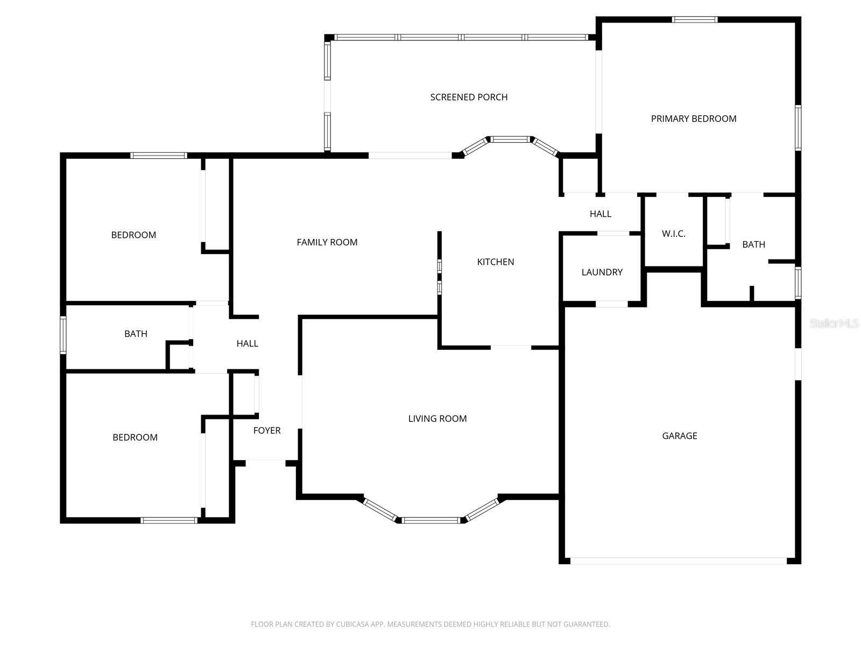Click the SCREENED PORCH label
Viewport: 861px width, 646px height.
(x=469, y=97)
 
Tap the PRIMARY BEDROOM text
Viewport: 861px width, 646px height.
(x=694, y=119)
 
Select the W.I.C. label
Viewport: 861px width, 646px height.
(x=673, y=234)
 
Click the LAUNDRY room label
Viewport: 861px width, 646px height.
(x=602, y=272)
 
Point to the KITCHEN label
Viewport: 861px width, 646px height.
(x=496, y=262)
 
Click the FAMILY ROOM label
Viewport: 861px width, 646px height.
(x=327, y=243)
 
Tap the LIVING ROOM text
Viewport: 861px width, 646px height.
(x=437, y=419)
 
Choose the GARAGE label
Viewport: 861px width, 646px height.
(x=679, y=436)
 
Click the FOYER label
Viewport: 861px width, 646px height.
(x=267, y=431)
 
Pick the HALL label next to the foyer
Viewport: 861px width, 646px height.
(x=248, y=343)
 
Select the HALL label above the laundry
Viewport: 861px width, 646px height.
(x=601, y=214)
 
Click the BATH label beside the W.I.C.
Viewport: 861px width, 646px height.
(x=753, y=245)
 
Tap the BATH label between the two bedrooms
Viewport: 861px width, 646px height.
(x=136, y=334)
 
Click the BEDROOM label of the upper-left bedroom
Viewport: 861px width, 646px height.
(x=133, y=235)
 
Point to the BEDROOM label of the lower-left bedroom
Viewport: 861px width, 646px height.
(x=135, y=438)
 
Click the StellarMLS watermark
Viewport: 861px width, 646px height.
(x=834, y=324)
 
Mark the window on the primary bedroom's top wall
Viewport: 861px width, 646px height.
(x=695, y=20)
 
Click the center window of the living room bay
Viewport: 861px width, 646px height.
(x=431, y=521)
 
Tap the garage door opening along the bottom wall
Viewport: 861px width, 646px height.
(x=678, y=561)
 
